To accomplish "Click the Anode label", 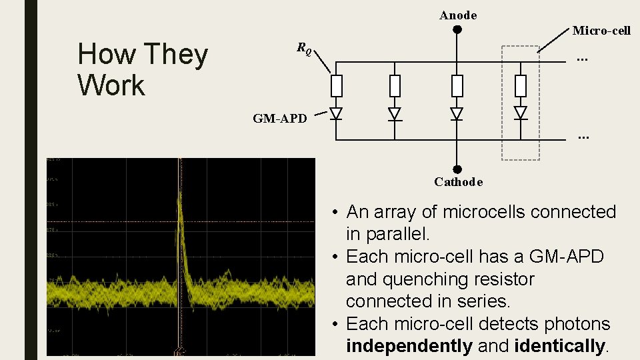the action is (x=458, y=15).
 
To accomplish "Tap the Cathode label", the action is (x=458, y=182).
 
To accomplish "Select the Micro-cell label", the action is (x=601, y=31).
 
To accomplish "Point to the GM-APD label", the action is (x=280, y=119).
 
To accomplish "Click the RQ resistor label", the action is (x=304, y=48).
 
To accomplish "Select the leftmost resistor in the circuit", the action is (x=337, y=86).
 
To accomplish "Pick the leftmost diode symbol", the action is (x=337, y=113).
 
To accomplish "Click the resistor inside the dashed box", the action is (x=521, y=86).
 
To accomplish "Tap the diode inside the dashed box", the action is (x=521, y=113).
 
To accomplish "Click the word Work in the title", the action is (x=111, y=85).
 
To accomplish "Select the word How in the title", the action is (x=104, y=55).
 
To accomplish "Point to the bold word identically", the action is (x=559, y=346).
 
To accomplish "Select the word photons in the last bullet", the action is (x=577, y=324).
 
